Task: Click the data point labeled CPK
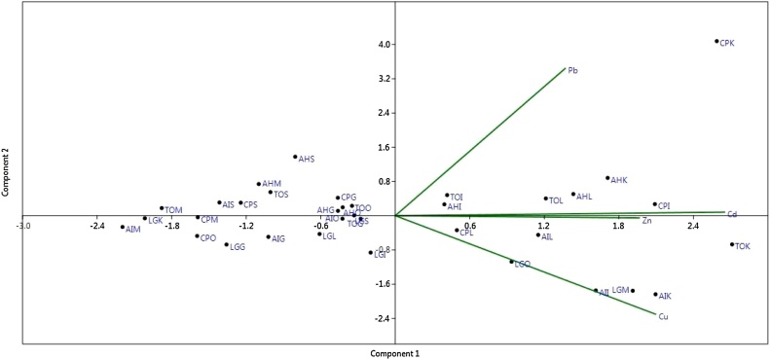[716, 41]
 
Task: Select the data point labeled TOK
[731, 244]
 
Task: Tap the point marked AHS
[295, 157]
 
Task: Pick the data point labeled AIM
[123, 228]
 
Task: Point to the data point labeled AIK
[655, 294]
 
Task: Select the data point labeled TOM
[162, 208]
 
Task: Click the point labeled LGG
[227, 245]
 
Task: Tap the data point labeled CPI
[654, 204]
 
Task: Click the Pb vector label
[573, 70]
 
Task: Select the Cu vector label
[663, 317]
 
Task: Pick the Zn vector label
[646, 222]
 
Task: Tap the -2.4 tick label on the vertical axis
[383, 319]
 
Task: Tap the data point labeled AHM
[259, 184]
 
